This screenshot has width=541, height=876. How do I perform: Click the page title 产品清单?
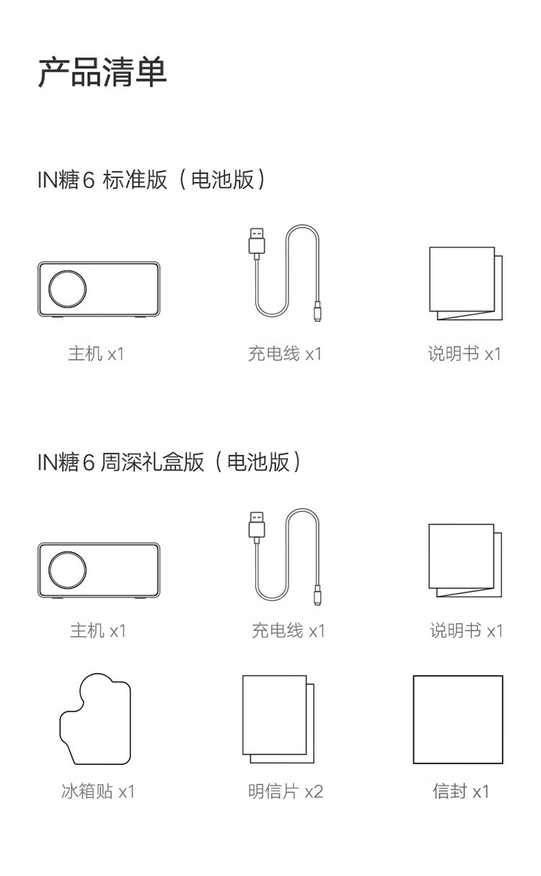102,72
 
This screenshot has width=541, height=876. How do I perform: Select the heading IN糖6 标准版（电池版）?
151,179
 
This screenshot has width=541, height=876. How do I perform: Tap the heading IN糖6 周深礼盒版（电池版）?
169,462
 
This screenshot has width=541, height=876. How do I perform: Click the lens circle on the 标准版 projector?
67,271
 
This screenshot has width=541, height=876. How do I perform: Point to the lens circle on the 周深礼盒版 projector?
67,552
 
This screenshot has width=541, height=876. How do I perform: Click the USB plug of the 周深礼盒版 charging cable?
257,525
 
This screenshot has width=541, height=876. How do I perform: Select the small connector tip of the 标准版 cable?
317,312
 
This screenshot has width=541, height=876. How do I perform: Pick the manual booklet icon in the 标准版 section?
466,284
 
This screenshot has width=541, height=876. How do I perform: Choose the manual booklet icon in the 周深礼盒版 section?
465,560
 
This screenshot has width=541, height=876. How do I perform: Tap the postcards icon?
278,719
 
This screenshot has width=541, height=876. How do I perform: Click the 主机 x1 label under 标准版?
97,354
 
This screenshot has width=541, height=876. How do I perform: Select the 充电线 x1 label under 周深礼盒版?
289,631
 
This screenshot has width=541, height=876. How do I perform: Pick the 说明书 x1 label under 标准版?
465,354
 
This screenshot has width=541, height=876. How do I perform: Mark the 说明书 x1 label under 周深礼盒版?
467,631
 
